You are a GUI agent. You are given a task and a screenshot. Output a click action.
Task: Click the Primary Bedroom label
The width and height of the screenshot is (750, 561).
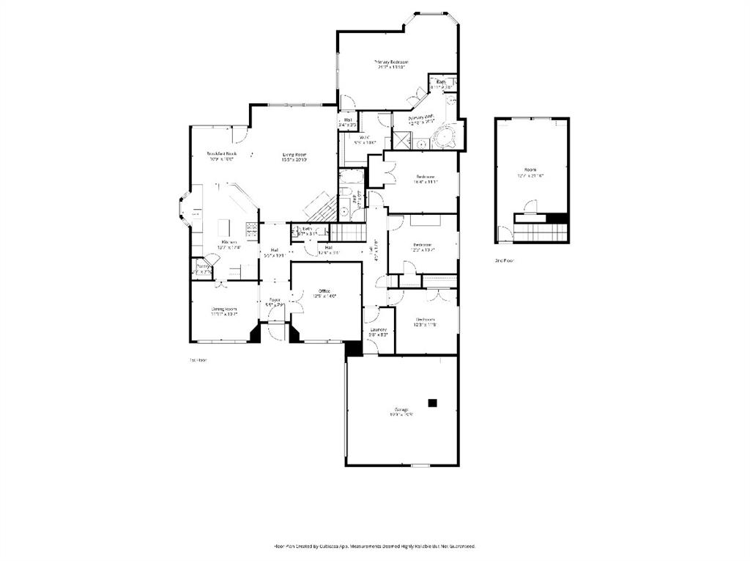390,63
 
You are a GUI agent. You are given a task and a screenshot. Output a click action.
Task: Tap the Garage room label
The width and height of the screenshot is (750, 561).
402,411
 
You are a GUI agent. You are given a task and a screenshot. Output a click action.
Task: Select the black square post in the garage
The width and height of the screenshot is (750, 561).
433,402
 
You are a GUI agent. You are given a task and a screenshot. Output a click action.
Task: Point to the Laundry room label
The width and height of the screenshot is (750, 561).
379,331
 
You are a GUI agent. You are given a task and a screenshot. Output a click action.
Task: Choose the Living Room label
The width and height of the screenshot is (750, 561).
294,155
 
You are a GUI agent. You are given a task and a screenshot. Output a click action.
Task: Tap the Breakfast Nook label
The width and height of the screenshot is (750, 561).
220,155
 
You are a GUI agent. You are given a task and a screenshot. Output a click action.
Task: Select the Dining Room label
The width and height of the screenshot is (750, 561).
224,310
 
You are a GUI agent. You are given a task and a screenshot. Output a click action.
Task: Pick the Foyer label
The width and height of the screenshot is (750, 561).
275,301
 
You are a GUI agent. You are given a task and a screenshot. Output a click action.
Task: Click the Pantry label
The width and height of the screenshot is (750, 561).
202,268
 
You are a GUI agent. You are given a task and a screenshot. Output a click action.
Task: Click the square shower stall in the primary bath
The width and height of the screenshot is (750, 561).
402,139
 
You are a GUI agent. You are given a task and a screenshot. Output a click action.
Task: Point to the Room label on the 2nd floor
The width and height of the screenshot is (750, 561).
532,173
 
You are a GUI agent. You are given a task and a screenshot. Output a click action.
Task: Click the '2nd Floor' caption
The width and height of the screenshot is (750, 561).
505,261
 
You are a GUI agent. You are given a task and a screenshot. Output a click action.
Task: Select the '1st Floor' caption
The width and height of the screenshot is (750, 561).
198,360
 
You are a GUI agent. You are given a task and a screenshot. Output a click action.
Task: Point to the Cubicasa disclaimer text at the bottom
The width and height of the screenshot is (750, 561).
374,546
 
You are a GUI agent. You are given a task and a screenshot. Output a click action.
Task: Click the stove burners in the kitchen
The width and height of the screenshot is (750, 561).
252,230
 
